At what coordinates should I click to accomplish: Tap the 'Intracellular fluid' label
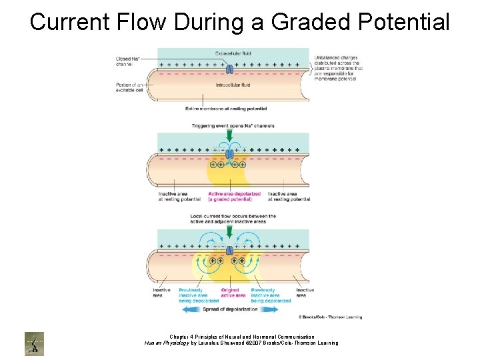[232, 85]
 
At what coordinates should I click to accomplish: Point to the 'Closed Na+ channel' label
[127, 61]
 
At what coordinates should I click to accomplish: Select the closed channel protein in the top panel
[229, 69]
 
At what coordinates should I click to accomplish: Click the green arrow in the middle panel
[229, 135]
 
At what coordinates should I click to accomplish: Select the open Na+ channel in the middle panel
[229, 154]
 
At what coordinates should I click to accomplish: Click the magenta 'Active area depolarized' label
[234, 197]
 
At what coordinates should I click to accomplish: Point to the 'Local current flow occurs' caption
[233, 219]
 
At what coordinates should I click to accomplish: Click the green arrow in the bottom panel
[229, 233]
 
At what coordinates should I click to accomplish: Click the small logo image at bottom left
[34, 343]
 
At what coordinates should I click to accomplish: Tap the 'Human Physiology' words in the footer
[167, 343]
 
